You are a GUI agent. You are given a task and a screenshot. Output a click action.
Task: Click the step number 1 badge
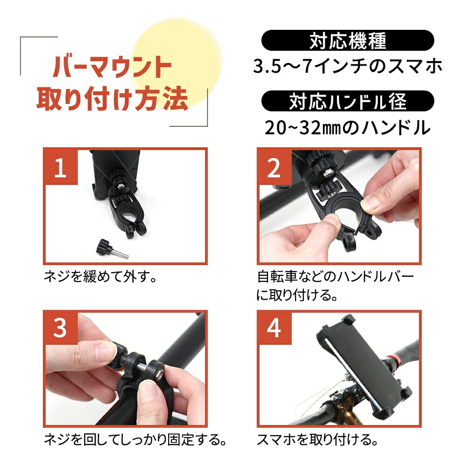click(x=61, y=166)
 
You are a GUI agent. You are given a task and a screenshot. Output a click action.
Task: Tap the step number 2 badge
click(x=274, y=166)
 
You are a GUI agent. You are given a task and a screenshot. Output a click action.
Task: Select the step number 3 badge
click(x=61, y=328)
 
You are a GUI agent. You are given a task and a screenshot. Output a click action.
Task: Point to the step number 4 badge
click(x=274, y=328)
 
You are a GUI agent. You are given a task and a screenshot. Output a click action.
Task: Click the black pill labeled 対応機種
click(x=348, y=41)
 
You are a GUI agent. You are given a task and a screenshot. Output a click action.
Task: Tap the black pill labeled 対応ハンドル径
click(x=348, y=101)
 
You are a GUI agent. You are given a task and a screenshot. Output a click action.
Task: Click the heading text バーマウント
click(x=112, y=66)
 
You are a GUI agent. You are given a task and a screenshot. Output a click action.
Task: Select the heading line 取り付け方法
click(x=112, y=98)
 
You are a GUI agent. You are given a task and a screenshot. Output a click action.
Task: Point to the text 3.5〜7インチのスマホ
click(x=348, y=66)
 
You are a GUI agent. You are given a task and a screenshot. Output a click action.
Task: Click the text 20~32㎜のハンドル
click(x=348, y=128)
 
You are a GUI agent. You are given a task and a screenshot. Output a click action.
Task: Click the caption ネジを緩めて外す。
click(x=100, y=277)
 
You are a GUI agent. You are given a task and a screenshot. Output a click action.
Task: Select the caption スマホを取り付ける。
click(x=317, y=439)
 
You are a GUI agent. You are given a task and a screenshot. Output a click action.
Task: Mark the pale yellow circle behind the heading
click(x=176, y=62)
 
